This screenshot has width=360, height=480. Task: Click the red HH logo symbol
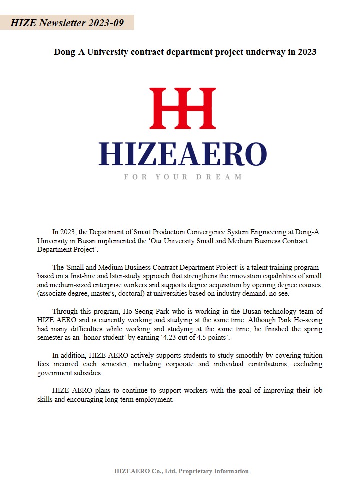point(183,108)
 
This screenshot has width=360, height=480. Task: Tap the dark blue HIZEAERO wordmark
point(183,154)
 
